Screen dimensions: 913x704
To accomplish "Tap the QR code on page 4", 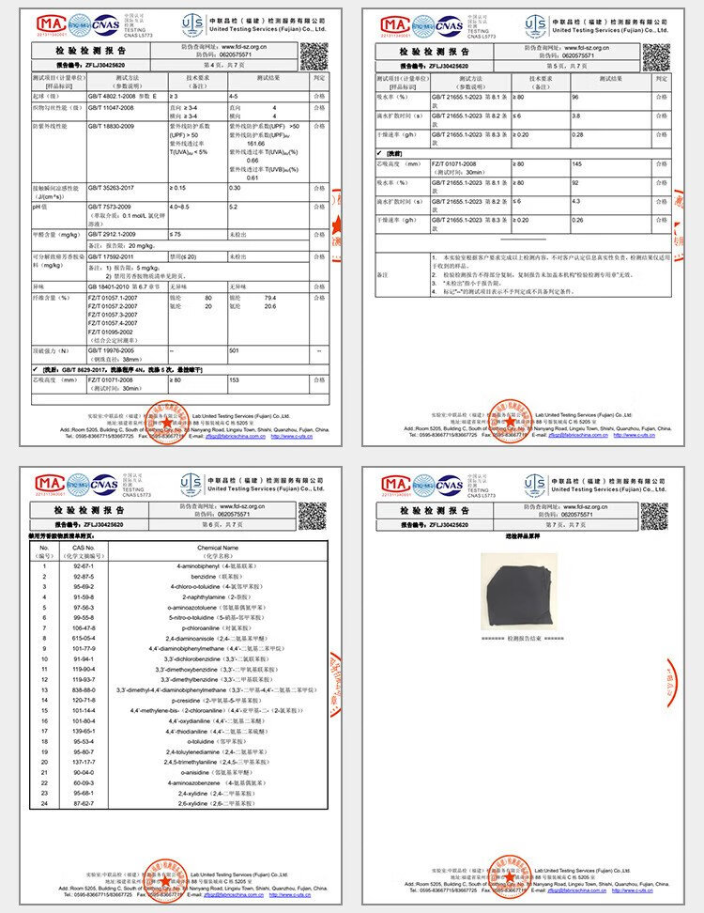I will (x=314, y=56).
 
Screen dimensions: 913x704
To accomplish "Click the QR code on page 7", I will (x=654, y=516).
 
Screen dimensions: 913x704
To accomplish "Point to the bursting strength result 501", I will (x=234, y=350).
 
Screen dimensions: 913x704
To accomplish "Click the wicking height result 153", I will (x=234, y=380).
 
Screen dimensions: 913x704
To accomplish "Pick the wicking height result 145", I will (x=577, y=164).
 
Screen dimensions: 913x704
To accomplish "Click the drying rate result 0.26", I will (x=577, y=220).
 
